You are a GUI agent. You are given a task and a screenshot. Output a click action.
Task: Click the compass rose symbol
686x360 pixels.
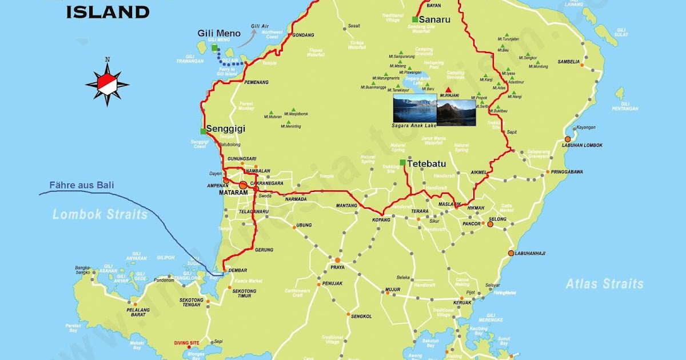click(x=107, y=83)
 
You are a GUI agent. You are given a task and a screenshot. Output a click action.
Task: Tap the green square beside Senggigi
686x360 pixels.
click(x=204, y=131)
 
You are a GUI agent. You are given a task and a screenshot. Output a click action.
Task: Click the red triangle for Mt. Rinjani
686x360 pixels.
click(x=449, y=90)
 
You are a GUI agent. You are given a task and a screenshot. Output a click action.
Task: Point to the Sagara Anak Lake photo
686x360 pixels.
click(x=414, y=110)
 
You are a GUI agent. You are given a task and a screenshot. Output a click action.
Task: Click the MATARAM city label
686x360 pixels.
click(x=233, y=193)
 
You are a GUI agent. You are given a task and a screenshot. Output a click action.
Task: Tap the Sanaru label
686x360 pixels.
click(x=436, y=19)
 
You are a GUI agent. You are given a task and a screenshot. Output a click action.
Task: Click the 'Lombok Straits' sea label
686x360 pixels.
click(x=100, y=215)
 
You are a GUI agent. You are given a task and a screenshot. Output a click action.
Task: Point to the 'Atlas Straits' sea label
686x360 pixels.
click(x=605, y=283)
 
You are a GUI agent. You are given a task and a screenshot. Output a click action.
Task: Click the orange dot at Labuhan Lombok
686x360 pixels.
click(x=568, y=139)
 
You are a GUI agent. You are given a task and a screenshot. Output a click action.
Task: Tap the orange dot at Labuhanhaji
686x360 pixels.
click(x=511, y=253)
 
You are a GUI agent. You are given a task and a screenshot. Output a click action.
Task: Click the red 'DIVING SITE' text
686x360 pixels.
click(x=186, y=343)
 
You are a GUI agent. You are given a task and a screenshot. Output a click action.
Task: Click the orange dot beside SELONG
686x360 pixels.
click(x=490, y=225)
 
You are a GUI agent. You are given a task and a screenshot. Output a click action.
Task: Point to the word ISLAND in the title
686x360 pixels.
click(x=107, y=11)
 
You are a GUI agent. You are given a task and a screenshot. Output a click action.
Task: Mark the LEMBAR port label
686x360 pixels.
click(x=237, y=270)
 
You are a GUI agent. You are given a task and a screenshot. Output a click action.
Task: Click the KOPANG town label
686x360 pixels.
click(x=381, y=220)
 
